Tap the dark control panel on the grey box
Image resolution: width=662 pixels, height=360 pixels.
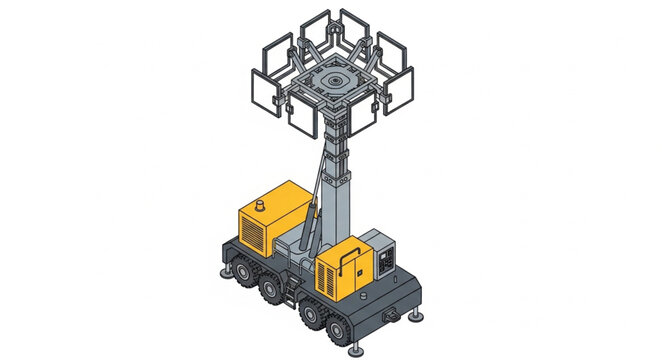pos(384,262)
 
